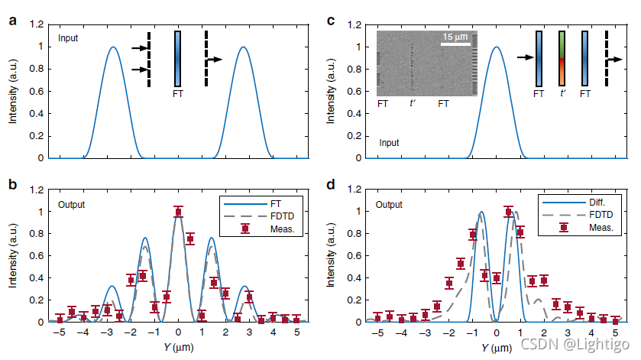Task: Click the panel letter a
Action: tap(11, 21)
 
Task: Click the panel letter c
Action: tap(331, 21)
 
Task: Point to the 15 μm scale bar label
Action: tap(455, 37)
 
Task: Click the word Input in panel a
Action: tap(69, 37)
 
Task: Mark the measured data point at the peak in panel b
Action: tap(178, 212)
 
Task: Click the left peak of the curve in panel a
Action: tap(113, 47)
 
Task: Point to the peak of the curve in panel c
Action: tap(497, 47)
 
